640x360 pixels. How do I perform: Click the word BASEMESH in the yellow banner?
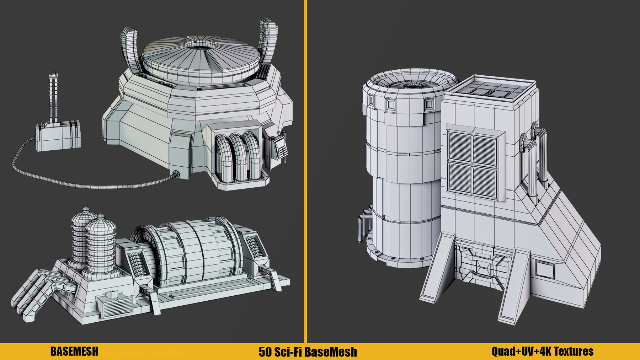[74, 351]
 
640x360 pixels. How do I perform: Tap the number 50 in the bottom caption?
[265, 352]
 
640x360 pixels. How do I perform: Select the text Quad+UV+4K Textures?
[542, 351]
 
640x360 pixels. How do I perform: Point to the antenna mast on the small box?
[53, 96]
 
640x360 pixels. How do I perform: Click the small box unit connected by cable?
[58, 136]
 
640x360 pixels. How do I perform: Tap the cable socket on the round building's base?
[175, 174]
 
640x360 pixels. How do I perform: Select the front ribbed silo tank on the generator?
[101, 245]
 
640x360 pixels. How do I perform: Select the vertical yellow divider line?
[305, 171]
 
